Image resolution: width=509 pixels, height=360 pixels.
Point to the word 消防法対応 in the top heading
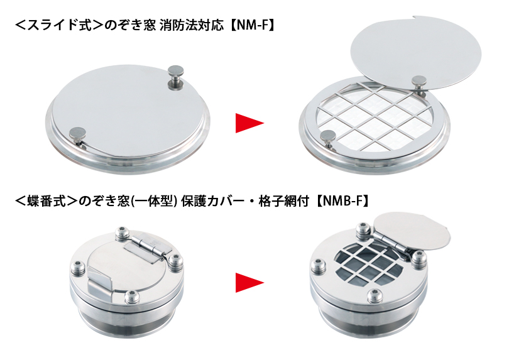(192, 25)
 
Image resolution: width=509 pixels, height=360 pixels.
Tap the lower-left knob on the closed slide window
(77, 136)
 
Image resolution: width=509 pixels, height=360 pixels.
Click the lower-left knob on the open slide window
(329, 139)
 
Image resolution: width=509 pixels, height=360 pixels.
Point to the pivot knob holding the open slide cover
(419, 84)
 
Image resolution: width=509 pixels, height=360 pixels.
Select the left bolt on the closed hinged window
(78, 266)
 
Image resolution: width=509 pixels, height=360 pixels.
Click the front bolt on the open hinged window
(375, 295)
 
